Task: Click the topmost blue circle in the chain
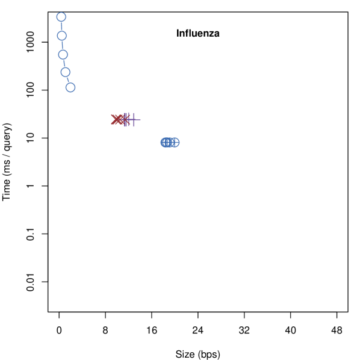point(61,17)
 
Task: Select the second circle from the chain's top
point(62,36)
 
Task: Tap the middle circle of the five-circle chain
point(63,54)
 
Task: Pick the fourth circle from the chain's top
point(66,72)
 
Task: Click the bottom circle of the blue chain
point(70,87)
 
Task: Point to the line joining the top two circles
point(61,26)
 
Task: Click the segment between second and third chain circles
point(63,45)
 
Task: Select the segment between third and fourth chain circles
point(64,63)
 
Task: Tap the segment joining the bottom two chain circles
point(68,80)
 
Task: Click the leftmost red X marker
point(115,119)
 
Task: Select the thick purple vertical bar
point(126,119)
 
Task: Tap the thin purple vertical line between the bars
point(129,119)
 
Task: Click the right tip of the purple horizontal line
point(140,119)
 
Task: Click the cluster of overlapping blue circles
point(170,143)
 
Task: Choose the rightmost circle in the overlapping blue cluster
point(175,143)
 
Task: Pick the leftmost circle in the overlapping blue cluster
point(165,143)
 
